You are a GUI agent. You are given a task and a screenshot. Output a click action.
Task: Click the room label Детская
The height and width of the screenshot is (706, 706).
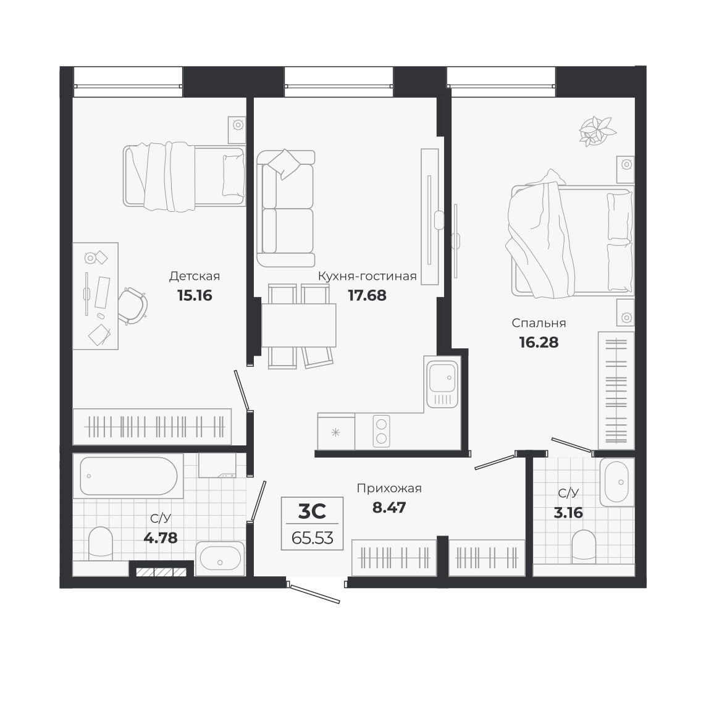(194, 276)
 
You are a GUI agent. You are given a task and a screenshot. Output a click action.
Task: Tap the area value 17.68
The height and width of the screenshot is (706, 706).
(367, 295)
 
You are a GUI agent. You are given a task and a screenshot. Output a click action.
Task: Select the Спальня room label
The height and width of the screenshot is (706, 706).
(539, 323)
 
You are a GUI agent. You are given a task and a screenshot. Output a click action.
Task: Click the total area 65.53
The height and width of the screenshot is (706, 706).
(312, 537)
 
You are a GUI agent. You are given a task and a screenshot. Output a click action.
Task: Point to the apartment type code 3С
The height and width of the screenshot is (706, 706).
(312, 511)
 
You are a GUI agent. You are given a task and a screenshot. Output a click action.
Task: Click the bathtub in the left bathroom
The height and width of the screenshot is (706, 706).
(128, 476)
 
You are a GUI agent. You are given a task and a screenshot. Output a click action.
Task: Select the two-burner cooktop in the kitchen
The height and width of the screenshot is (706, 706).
(381, 431)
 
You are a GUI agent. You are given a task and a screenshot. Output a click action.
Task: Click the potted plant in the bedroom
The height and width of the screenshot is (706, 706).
(597, 130)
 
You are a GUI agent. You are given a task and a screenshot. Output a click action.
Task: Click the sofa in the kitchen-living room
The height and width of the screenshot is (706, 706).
(285, 209)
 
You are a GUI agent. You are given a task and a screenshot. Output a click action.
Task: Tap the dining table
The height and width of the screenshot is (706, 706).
(298, 325)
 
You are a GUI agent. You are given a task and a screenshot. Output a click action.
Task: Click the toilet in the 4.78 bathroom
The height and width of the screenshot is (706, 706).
(101, 544)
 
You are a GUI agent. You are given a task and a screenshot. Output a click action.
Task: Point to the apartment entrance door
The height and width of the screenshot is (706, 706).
(315, 593)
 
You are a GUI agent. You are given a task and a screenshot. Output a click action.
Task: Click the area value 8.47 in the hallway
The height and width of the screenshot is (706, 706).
(389, 508)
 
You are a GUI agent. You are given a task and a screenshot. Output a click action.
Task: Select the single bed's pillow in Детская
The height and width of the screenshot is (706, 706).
(233, 175)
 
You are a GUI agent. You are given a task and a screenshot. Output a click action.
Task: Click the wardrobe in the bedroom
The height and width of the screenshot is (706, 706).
(616, 390)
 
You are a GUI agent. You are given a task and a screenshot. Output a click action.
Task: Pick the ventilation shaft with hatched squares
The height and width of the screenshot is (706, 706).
(161, 572)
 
